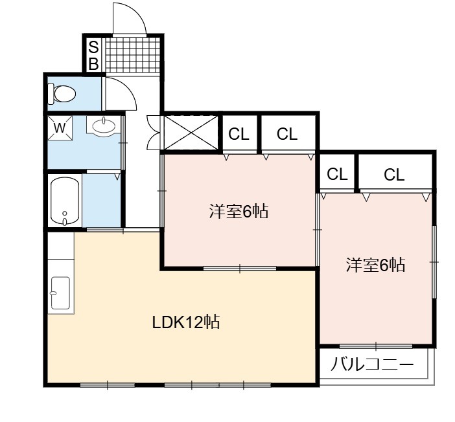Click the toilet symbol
pyautogui.click(x=62, y=93)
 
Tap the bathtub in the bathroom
pyautogui.click(x=65, y=201)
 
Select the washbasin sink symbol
pyautogui.click(x=104, y=126)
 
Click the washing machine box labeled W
pyautogui.click(x=60, y=128)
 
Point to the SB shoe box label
pyautogui.click(x=93, y=56)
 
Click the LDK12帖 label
pyautogui.click(x=186, y=322)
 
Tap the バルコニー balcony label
pyautogui.click(x=372, y=364)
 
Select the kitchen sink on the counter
pyautogui.click(x=60, y=293)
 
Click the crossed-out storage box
pyautogui.click(x=191, y=133)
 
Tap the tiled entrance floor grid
pyautogui.click(x=133, y=55)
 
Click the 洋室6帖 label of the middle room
pyautogui.click(x=239, y=211)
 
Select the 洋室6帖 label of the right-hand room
pyautogui.click(x=375, y=264)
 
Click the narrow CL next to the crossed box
pyautogui.click(x=239, y=134)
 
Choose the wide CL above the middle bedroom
pyautogui.click(x=287, y=134)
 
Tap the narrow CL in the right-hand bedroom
pyautogui.click(x=337, y=174)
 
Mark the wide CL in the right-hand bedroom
pyautogui.click(x=394, y=175)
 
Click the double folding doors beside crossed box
pyautogui.click(x=154, y=133)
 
